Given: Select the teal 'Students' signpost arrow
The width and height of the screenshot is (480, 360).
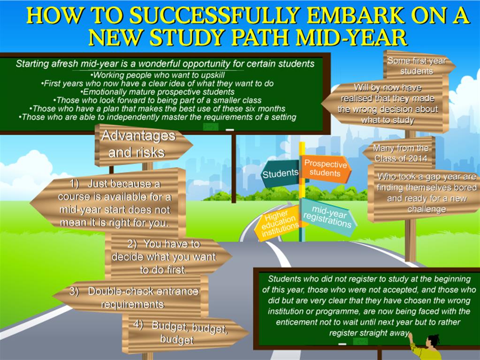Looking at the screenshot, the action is coord(280,173).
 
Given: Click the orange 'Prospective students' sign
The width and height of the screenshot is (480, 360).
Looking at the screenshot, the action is coord(326,169).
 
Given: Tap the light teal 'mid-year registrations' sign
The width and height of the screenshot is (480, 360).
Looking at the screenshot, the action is coord(328,217).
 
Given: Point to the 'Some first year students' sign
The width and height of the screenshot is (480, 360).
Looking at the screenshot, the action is coord(418,65).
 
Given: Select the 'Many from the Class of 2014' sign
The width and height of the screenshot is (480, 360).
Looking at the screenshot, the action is coord(399,153).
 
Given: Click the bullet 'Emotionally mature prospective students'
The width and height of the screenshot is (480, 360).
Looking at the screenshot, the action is coord(157,92).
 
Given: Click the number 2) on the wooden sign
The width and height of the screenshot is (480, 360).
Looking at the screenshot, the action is coord(132,244).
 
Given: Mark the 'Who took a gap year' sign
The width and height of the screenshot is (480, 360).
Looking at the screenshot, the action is coord(426,193).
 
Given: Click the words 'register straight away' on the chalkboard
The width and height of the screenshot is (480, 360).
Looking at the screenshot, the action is coord(369,333).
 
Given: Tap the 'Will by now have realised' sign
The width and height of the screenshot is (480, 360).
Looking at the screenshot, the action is coord(386,104).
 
